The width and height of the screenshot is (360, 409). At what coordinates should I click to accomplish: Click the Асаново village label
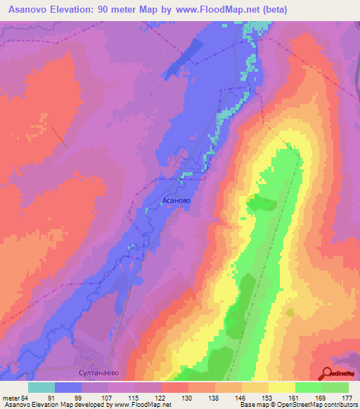[x=176, y=200]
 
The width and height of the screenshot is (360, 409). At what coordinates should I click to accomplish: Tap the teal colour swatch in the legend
[x=41, y=387]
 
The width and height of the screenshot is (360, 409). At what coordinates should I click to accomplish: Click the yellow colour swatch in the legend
[x=281, y=387]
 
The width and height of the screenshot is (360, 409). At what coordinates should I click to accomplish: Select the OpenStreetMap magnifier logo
[x=328, y=372]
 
